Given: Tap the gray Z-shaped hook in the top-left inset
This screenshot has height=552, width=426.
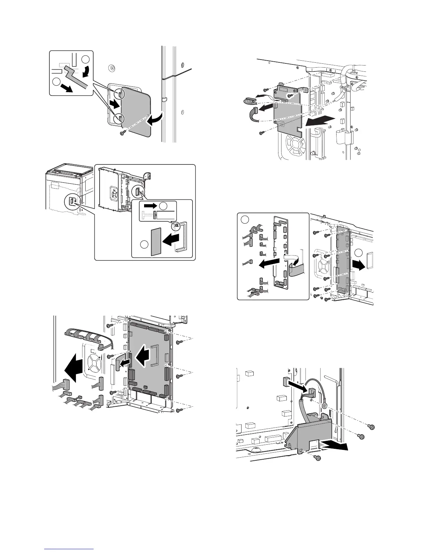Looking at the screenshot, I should pos(77,78).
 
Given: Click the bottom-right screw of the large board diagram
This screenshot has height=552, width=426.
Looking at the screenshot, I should pos(180,410).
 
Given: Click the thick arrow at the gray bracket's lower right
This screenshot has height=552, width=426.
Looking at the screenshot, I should pos(336,446).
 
